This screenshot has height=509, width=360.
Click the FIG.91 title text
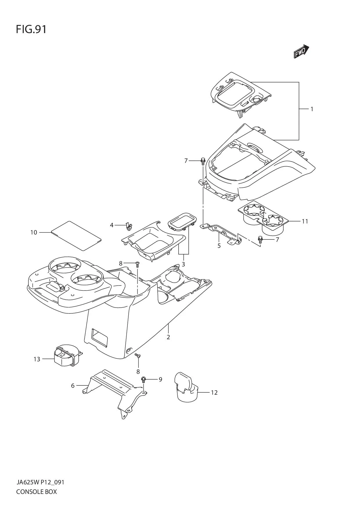(x=31, y=30)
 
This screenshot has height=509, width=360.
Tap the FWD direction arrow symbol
(x=301, y=52)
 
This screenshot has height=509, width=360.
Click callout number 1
(x=312, y=109)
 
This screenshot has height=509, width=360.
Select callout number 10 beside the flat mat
(x=34, y=232)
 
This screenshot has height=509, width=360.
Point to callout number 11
(x=305, y=221)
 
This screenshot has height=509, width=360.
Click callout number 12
(x=214, y=393)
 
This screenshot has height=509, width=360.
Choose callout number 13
(x=37, y=359)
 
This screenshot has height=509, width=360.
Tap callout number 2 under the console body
(x=168, y=337)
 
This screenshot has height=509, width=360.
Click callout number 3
(x=183, y=264)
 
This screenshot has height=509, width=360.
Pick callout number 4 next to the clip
(x=111, y=225)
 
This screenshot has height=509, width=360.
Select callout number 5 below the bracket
(x=219, y=246)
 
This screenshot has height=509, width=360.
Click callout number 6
(x=73, y=386)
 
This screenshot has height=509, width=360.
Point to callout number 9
(x=160, y=379)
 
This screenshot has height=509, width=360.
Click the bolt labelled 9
(x=143, y=379)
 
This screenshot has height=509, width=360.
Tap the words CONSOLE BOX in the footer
(x=37, y=492)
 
